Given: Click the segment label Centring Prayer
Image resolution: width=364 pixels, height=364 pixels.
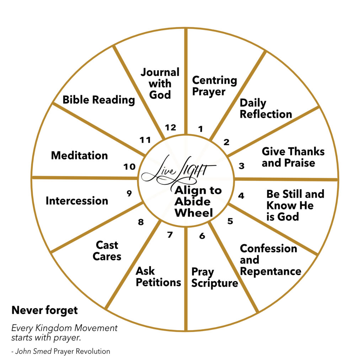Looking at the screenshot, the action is pos(214,86).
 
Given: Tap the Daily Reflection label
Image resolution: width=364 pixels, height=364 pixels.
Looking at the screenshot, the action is pos(266,109).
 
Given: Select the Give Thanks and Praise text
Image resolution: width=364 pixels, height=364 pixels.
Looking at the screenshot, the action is pos(293,157).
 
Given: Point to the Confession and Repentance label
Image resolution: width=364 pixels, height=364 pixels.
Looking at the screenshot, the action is pos(271,260).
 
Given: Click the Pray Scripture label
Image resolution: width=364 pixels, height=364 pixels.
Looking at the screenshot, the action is pos(214,278).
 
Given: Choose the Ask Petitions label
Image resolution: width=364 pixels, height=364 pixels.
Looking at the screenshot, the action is pos(158,277).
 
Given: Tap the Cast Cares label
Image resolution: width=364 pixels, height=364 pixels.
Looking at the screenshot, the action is pos(107,251).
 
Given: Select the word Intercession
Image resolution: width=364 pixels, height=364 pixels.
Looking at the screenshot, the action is pos(77,201).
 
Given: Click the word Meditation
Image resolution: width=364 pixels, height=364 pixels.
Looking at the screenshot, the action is pos(79,155).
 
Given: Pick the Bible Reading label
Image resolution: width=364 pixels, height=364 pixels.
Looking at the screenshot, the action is pos(99,100).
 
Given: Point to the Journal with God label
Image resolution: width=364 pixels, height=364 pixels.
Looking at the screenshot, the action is pos(160,83).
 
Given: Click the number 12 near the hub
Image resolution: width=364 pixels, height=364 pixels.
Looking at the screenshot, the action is pos(170,128).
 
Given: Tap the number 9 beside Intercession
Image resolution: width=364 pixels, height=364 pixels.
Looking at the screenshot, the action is pos(129,193).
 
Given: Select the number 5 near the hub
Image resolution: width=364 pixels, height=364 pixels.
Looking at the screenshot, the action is pos(230,221).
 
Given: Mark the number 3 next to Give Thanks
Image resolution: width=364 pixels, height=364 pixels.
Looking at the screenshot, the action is pos(241,166).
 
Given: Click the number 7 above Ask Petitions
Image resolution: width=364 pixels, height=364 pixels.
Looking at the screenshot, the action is pos(170,235).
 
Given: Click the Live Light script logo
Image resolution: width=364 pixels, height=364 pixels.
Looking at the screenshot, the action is pos(179,171).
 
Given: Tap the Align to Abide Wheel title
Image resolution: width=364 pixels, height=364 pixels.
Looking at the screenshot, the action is pos(198,202).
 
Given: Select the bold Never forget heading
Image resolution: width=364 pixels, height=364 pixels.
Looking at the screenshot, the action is pos(44,310).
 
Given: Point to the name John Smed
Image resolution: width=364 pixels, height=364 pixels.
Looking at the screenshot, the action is pos(33,351).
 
